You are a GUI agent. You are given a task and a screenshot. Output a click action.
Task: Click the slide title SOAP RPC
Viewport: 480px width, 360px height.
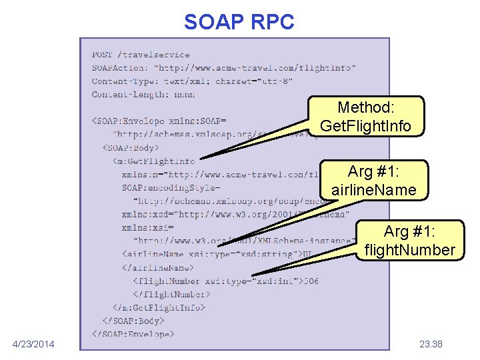click(239, 22)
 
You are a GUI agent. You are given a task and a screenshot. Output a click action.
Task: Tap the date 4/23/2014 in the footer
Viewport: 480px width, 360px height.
click(34, 344)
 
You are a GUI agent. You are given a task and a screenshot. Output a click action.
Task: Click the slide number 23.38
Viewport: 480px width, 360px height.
click(431, 344)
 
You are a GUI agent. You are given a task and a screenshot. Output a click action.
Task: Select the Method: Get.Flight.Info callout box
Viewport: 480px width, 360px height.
click(366, 117)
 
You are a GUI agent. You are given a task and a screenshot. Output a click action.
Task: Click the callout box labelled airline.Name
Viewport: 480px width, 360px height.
click(373, 181)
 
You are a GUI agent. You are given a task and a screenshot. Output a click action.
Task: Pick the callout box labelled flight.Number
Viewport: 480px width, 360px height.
click(409, 241)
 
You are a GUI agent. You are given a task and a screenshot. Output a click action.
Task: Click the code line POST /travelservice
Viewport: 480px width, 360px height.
click(141, 55)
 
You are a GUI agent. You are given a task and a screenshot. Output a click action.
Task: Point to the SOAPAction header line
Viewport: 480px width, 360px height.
click(223, 68)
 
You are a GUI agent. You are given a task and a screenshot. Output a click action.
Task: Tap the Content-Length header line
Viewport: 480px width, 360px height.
click(143, 95)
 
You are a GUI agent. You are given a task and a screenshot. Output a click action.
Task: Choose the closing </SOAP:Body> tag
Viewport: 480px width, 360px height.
click(135, 321)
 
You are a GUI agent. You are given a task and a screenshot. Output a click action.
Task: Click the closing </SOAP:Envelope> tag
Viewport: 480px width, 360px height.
click(133, 333)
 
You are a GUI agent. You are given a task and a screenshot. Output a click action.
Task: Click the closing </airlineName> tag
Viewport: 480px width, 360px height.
click(154, 267)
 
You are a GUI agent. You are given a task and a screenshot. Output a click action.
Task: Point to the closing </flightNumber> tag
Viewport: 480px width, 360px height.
click(171, 294)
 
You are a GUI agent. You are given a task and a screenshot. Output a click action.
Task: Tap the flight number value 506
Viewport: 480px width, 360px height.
click(310, 281)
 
